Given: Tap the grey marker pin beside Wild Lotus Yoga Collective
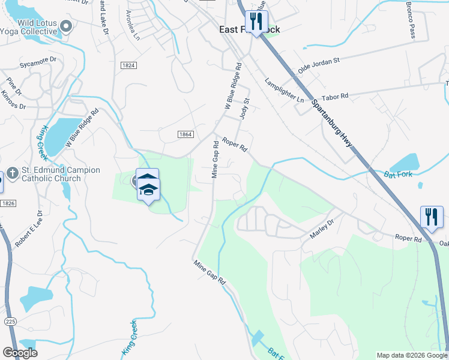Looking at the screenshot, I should click(67, 26).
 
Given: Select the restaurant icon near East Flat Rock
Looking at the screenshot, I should click(256, 22).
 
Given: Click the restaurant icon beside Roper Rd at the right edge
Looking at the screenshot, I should click(430, 217).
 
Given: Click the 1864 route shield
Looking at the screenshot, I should click(185, 134).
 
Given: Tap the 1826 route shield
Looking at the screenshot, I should click(8, 203).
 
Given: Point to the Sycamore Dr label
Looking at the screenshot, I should click(38, 60).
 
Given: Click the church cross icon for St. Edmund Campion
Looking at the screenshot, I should click(12, 174).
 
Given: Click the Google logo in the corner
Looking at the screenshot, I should click(20, 353).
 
